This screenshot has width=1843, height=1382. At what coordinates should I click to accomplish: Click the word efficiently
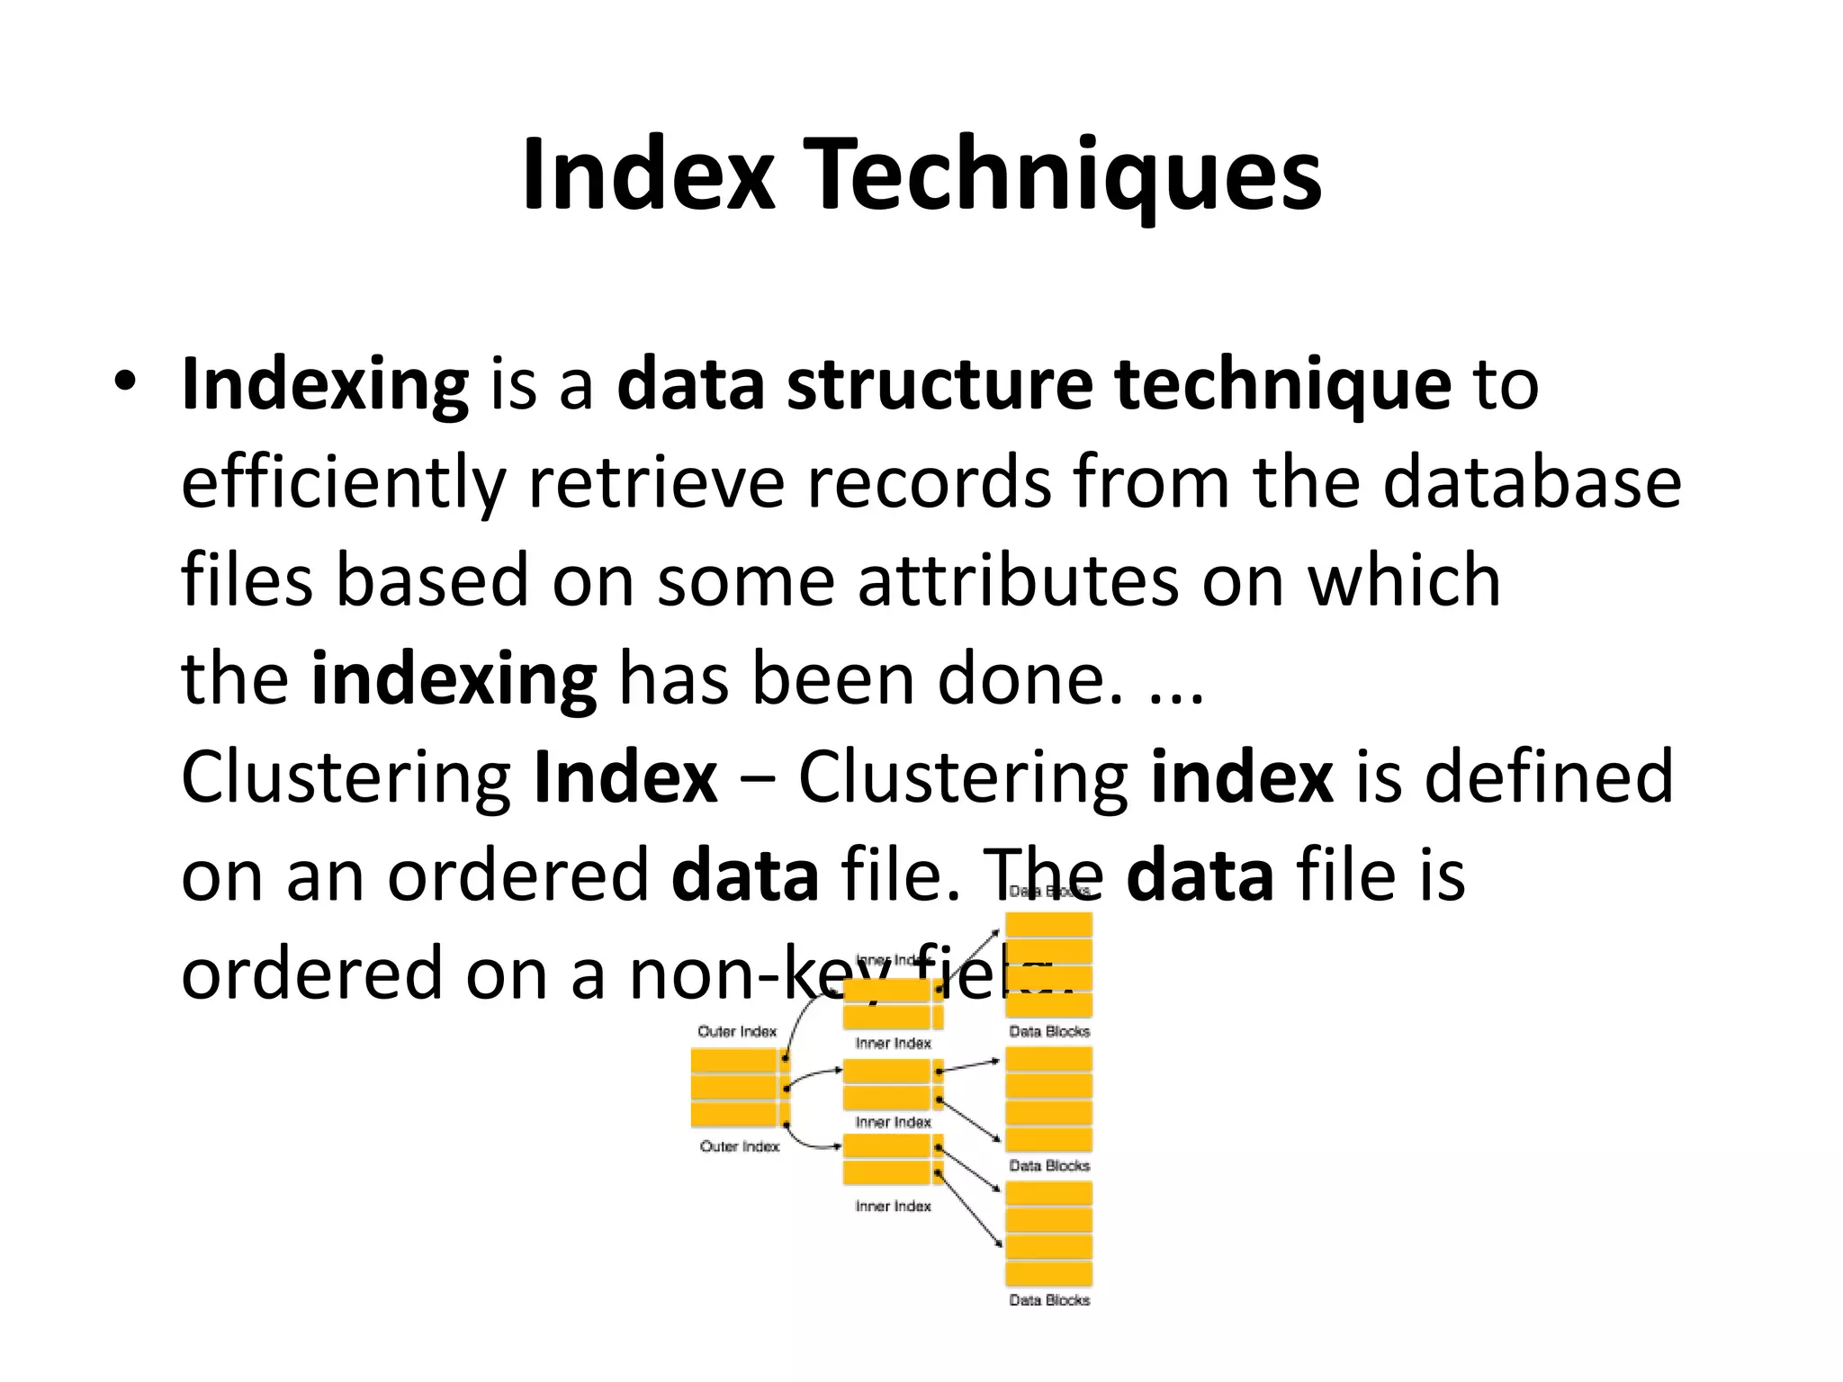coord(340,484)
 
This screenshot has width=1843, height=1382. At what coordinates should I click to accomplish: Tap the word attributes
coord(1018,580)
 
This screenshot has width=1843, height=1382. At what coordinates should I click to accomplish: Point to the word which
coord(1404,580)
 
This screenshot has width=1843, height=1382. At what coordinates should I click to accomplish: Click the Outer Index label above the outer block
coord(737,1031)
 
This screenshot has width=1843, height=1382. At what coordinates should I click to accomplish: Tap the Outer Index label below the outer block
coord(740,1146)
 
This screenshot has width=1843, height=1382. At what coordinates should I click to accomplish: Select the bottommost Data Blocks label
coord(1049,1299)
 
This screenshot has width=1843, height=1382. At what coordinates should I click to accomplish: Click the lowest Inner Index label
coord(893,1206)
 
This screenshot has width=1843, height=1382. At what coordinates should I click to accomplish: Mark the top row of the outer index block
coord(733,1062)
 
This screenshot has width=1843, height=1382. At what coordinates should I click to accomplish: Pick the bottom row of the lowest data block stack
coord(1049,1273)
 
